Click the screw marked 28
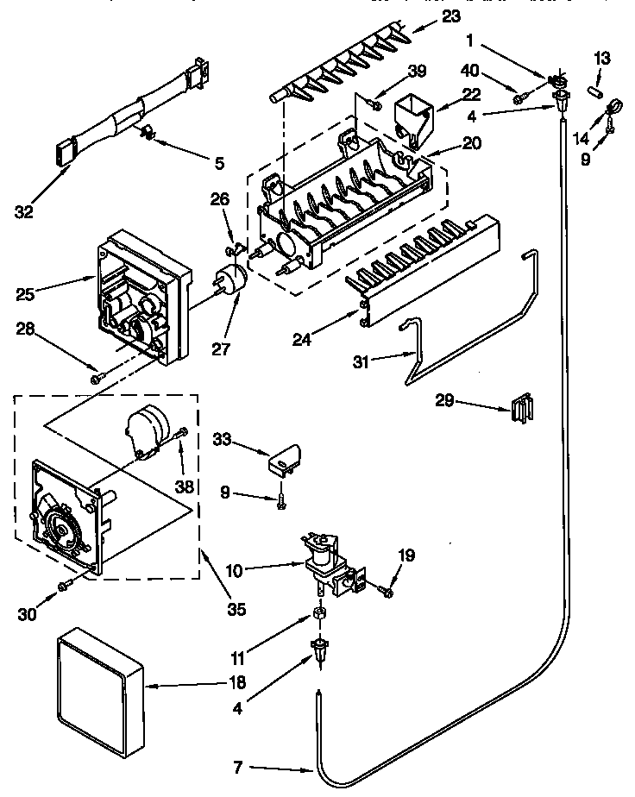coord(96,376)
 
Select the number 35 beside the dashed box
coord(235,609)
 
